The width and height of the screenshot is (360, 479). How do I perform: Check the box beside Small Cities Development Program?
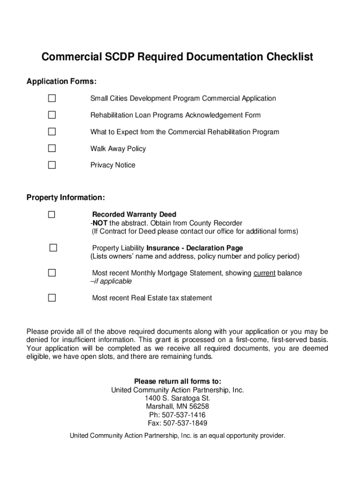pyautogui.click(x=51, y=98)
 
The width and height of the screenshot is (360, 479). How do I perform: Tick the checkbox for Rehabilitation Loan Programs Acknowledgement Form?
pyautogui.click(x=51, y=115)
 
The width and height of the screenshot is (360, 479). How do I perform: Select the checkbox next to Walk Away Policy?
pyautogui.click(x=51, y=148)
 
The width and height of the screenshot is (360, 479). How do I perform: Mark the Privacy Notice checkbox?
pyautogui.click(x=51, y=165)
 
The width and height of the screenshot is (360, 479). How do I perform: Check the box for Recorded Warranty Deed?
pyautogui.click(x=51, y=215)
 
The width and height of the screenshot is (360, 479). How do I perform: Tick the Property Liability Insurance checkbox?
pyautogui.click(x=53, y=248)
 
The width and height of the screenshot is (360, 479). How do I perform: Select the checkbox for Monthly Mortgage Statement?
pyautogui.click(x=51, y=273)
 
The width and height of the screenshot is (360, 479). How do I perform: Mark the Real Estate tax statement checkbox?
pyautogui.click(x=51, y=298)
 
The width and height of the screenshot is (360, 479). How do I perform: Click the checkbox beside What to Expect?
pyautogui.click(x=51, y=131)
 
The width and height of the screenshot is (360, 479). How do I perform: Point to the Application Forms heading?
pyautogui.click(x=62, y=82)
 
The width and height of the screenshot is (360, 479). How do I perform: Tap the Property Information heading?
pyautogui.click(x=65, y=197)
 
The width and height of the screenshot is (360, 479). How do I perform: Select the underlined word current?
pyautogui.click(x=264, y=273)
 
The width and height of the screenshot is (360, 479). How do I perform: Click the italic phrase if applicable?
pyautogui.click(x=112, y=282)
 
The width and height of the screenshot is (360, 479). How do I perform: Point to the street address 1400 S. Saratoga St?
pyautogui.click(x=178, y=398)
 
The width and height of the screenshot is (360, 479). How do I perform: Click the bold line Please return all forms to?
pyautogui.click(x=178, y=381)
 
